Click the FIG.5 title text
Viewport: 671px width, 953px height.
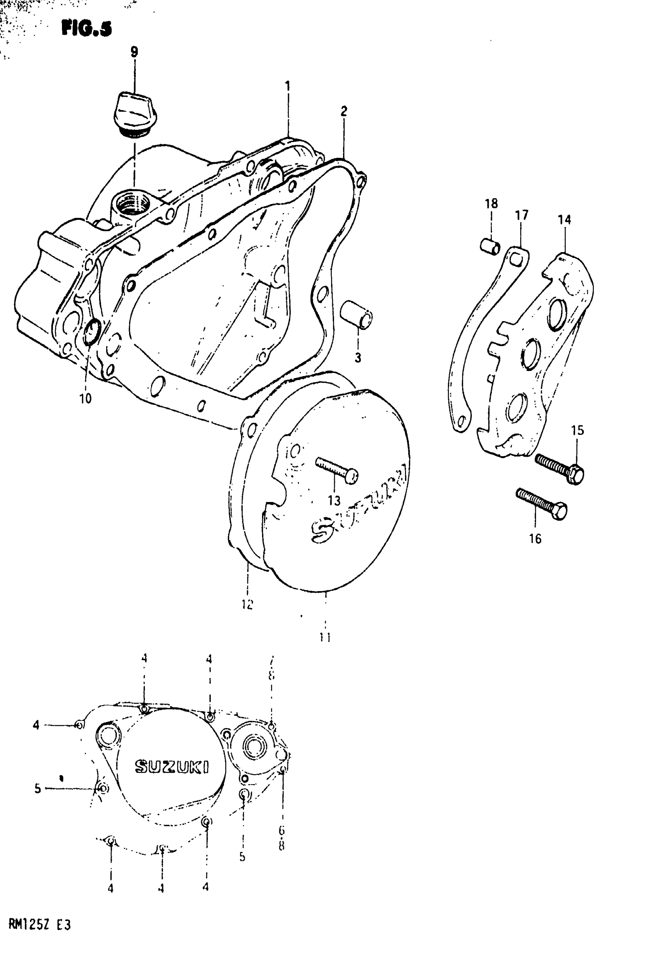click(86, 29)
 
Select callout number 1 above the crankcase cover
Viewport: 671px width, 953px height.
click(287, 86)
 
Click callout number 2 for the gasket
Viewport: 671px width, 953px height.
click(344, 111)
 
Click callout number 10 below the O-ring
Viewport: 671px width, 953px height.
click(85, 399)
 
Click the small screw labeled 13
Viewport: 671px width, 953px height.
click(337, 470)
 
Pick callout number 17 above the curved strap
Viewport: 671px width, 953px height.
click(521, 215)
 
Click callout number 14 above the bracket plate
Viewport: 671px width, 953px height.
click(564, 219)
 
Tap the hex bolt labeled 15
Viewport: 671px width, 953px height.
click(560, 468)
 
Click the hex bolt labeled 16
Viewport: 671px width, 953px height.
click(542, 504)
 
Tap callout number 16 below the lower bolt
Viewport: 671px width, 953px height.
click(535, 538)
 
